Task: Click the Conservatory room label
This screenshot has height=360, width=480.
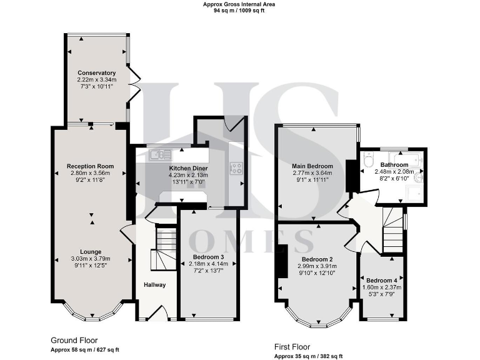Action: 96,73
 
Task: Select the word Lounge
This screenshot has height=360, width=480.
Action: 92,251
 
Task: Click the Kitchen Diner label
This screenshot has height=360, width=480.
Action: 188,169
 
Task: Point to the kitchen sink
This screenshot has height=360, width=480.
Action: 161,154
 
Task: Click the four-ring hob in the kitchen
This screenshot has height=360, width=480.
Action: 237,167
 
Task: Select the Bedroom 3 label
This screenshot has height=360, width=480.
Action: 208,257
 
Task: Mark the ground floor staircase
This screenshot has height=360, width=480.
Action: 166,247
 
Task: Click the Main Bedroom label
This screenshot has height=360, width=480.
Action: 312,166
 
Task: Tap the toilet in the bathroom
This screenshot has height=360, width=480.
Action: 418,177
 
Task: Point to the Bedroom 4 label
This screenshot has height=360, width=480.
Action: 381,281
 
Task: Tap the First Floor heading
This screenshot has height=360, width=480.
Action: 292,346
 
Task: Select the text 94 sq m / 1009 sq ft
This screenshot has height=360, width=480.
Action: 239,11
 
